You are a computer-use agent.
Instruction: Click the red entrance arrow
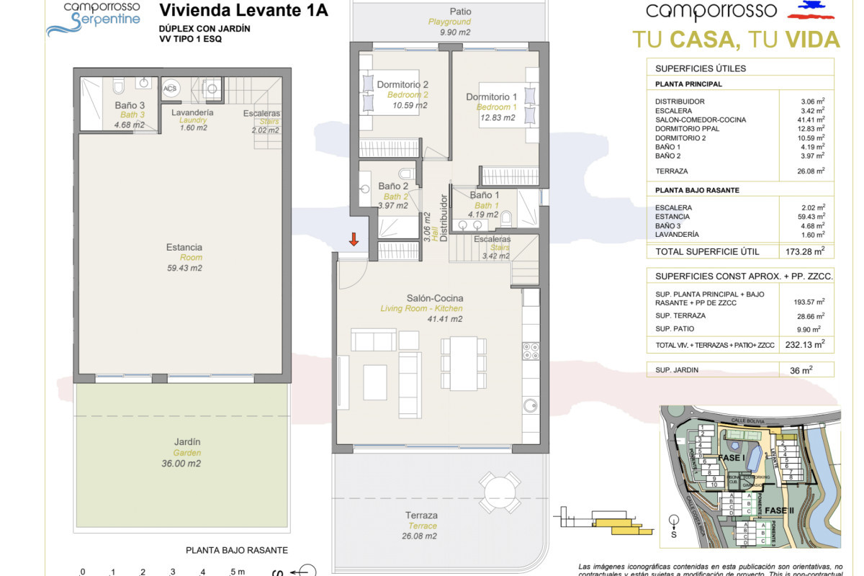(x=354, y=239)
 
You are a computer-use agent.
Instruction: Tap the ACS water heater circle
(x=171, y=89)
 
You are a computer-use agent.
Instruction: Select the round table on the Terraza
(x=500, y=492)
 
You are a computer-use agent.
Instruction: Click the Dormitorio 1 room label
(x=492, y=97)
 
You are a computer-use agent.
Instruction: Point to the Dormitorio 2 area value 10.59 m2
(x=409, y=105)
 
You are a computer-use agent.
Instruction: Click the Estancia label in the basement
(x=184, y=247)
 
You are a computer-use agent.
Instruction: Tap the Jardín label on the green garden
(x=186, y=442)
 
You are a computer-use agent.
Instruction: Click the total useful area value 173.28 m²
(x=805, y=252)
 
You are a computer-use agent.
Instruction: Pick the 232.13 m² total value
(x=805, y=345)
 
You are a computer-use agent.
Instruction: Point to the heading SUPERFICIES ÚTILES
(x=701, y=68)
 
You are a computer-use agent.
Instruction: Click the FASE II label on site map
(x=780, y=510)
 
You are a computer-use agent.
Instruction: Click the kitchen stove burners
(x=531, y=351)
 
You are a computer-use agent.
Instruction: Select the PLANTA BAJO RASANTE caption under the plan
(x=237, y=550)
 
